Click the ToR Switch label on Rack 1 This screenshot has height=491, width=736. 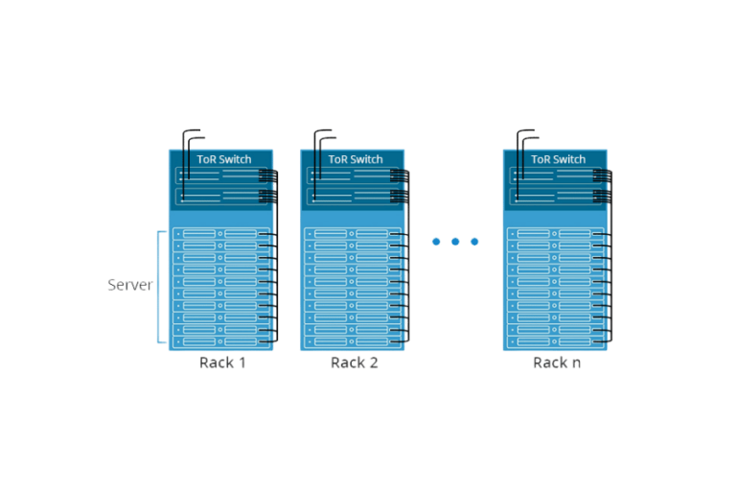pyautogui.click(x=223, y=159)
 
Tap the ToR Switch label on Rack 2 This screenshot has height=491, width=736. pyautogui.click(x=355, y=159)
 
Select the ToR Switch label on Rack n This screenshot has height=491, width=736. pyautogui.click(x=558, y=159)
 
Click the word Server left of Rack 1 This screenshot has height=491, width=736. pyautogui.click(x=130, y=285)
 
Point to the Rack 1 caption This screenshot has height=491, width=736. pyautogui.click(x=223, y=362)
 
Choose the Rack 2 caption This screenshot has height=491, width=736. pyautogui.click(x=355, y=362)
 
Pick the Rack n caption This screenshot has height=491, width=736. pyautogui.click(x=557, y=362)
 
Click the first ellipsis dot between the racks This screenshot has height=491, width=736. pyautogui.click(x=436, y=242)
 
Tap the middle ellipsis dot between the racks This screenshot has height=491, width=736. pyautogui.click(x=455, y=242)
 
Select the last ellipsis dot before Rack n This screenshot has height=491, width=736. pyautogui.click(x=474, y=242)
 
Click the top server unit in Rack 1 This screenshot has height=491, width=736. pyautogui.click(x=219, y=234)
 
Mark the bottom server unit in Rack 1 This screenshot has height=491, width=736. pyautogui.click(x=219, y=341)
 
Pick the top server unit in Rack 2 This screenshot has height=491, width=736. pyautogui.click(x=351, y=234)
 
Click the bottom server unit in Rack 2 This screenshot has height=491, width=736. pyautogui.click(x=351, y=341)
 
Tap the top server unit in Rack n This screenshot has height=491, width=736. pyautogui.click(x=554, y=234)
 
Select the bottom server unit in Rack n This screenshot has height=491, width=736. pyautogui.click(x=554, y=341)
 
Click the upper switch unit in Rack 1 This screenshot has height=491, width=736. pyautogui.click(x=219, y=175)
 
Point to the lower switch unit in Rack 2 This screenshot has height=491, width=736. pyautogui.click(x=351, y=196)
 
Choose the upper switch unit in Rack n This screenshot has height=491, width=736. pyautogui.click(x=554, y=175)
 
